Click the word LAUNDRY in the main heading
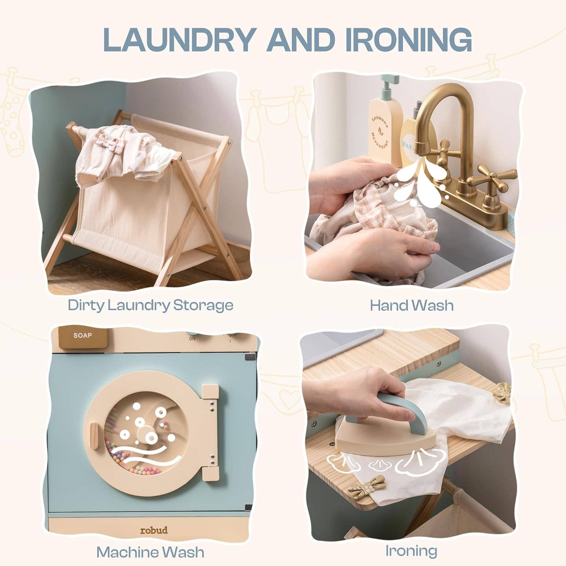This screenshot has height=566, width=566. [177, 39]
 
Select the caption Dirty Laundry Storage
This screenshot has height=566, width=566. [151, 305]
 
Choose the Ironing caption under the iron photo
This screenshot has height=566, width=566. [411, 551]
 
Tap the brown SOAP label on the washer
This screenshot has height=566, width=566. [83, 336]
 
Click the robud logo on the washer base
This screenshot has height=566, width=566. [154, 530]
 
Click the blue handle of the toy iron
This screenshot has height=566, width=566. [392, 408]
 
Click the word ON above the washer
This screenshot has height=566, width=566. [192, 339]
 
